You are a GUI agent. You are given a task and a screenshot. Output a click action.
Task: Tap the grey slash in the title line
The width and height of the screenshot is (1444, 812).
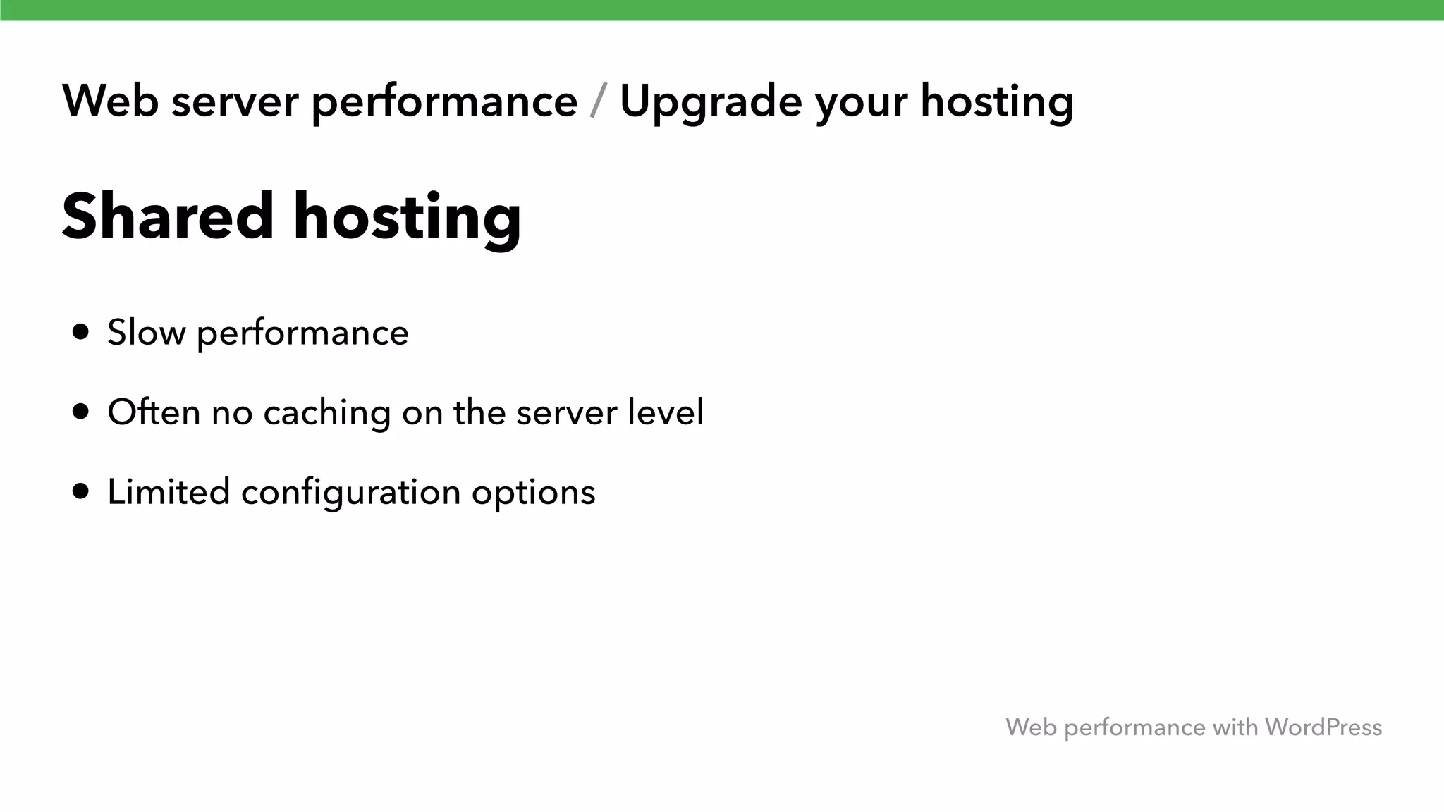(x=599, y=101)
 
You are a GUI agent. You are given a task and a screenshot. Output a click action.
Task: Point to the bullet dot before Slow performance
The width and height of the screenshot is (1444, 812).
(x=81, y=332)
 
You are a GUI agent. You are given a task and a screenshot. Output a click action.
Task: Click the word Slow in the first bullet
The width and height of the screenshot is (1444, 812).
(x=146, y=332)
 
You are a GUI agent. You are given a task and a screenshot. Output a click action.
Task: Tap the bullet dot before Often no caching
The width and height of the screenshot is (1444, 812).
(x=81, y=412)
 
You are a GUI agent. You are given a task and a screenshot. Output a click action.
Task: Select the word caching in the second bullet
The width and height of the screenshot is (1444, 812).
(x=326, y=413)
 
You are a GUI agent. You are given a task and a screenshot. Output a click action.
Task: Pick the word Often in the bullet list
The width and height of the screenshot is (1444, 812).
(x=154, y=412)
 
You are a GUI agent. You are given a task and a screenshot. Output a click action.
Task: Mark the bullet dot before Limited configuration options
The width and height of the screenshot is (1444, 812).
(x=81, y=491)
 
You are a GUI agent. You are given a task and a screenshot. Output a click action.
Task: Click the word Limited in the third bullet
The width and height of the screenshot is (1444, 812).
(x=169, y=491)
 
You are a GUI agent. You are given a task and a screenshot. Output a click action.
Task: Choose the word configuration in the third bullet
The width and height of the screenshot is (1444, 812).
(x=350, y=493)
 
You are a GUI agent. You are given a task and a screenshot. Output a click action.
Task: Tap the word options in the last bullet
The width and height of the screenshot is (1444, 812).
(x=533, y=493)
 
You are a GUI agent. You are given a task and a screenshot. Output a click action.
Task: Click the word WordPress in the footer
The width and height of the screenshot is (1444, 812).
(x=1323, y=727)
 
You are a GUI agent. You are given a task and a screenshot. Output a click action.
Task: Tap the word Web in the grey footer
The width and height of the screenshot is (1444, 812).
(x=1031, y=727)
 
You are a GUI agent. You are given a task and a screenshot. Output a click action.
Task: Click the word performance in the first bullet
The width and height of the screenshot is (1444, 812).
(x=302, y=333)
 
